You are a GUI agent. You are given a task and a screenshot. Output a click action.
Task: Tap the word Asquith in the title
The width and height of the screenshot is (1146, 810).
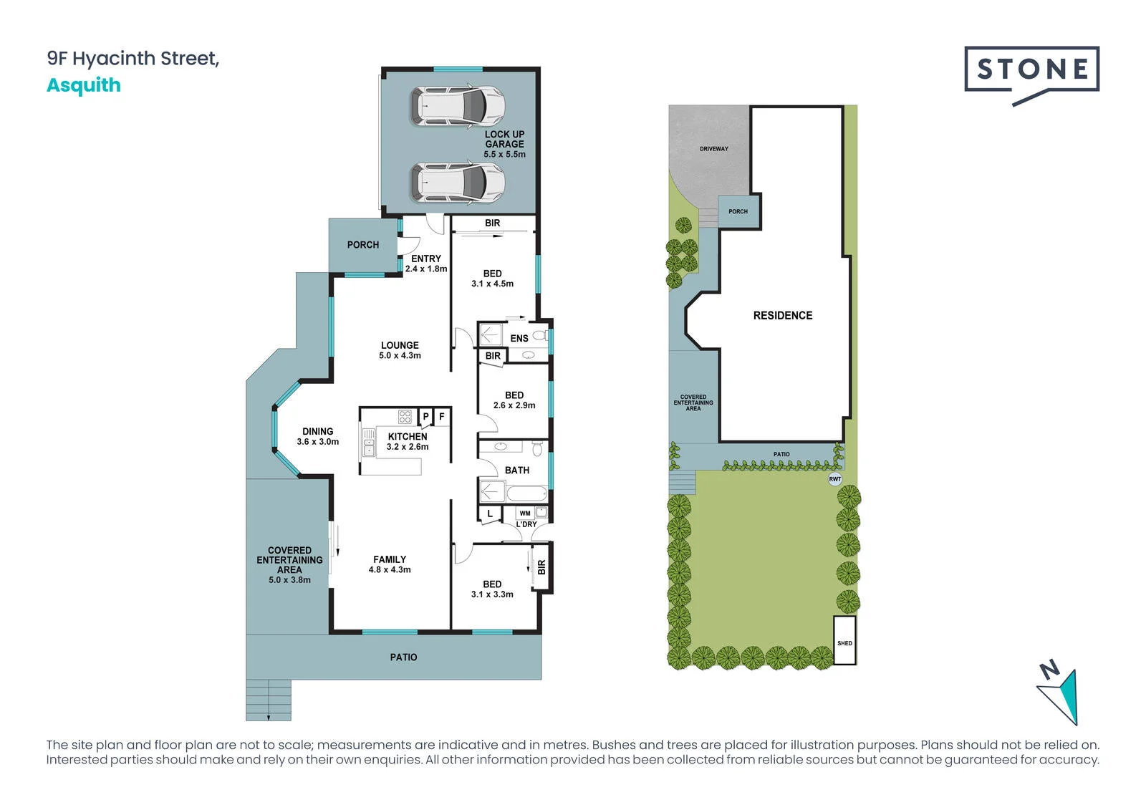click(x=84, y=85)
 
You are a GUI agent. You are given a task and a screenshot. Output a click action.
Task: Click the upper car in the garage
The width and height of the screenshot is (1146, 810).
click(x=458, y=106)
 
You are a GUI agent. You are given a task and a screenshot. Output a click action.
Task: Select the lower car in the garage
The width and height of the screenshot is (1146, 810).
click(x=458, y=183)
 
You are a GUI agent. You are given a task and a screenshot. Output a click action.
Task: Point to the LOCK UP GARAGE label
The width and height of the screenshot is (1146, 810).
click(x=504, y=144)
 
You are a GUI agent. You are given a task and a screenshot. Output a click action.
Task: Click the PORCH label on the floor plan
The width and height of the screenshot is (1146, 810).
click(x=362, y=245)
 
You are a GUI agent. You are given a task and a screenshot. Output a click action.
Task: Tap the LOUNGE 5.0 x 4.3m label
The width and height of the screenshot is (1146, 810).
click(x=400, y=350)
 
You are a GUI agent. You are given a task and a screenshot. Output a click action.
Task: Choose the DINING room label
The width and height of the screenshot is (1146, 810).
click(x=318, y=436)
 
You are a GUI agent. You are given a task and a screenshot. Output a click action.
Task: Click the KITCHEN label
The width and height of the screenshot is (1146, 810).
click(x=408, y=441)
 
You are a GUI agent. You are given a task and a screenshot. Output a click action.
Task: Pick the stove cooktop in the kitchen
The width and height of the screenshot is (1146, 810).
click(x=405, y=416)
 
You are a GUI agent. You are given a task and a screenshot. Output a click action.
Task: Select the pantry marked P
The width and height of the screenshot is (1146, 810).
click(x=425, y=417)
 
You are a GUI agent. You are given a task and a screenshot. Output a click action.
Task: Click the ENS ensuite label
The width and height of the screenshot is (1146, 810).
click(x=519, y=338)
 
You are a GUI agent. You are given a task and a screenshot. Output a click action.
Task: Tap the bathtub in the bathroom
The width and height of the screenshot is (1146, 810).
click(x=526, y=493)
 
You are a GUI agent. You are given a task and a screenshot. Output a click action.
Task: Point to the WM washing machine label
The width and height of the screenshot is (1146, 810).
click(x=525, y=514)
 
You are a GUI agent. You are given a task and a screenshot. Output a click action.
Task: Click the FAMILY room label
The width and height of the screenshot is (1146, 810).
click(x=390, y=564)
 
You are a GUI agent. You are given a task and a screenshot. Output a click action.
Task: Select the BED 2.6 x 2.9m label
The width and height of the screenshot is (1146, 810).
click(x=514, y=400)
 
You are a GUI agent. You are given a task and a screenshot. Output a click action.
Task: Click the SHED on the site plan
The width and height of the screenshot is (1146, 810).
click(x=844, y=640)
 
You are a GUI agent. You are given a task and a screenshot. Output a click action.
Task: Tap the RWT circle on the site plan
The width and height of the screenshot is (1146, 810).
click(x=835, y=479)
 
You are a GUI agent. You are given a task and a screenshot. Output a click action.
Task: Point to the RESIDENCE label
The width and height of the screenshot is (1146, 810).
click(x=783, y=315)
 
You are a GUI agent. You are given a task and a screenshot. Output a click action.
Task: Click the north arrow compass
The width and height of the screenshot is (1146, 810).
click(x=1061, y=695)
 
